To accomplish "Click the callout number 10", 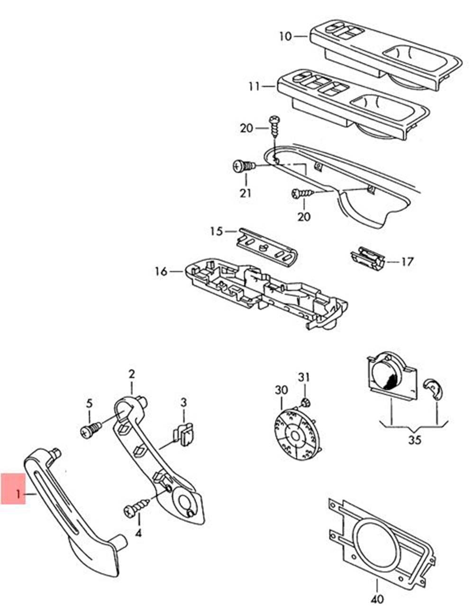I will [x=285, y=36].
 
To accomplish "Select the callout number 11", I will [x=254, y=87].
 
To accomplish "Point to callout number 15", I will [x=216, y=231].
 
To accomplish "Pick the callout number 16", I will [x=161, y=271].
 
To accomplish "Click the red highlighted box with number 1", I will [x=13, y=488].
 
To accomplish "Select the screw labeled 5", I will [x=91, y=430].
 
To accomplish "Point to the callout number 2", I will [x=131, y=374].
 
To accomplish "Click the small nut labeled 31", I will [x=304, y=403].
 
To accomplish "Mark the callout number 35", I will [x=414, y=440].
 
